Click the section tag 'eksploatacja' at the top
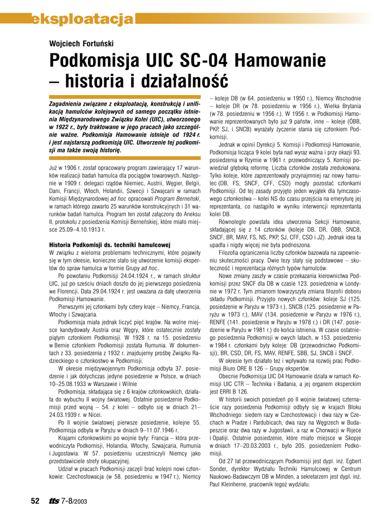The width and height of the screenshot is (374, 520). click(x=81, y=20)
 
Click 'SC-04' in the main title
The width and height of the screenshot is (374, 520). click(x=202, y=61)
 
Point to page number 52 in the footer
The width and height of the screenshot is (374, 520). click(x=35, y=501)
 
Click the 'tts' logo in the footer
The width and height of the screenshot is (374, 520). click(x=54, y=501)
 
